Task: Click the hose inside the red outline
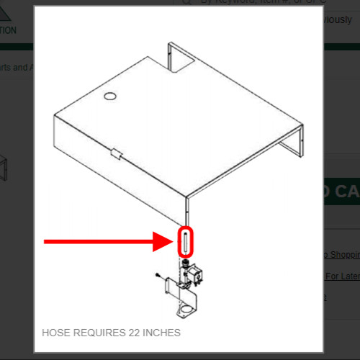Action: [185, 242]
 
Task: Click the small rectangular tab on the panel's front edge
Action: [115, 153]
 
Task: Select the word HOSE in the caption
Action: [56, 333]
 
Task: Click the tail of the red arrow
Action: [50, 242]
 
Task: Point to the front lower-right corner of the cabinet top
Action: [187, 196]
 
